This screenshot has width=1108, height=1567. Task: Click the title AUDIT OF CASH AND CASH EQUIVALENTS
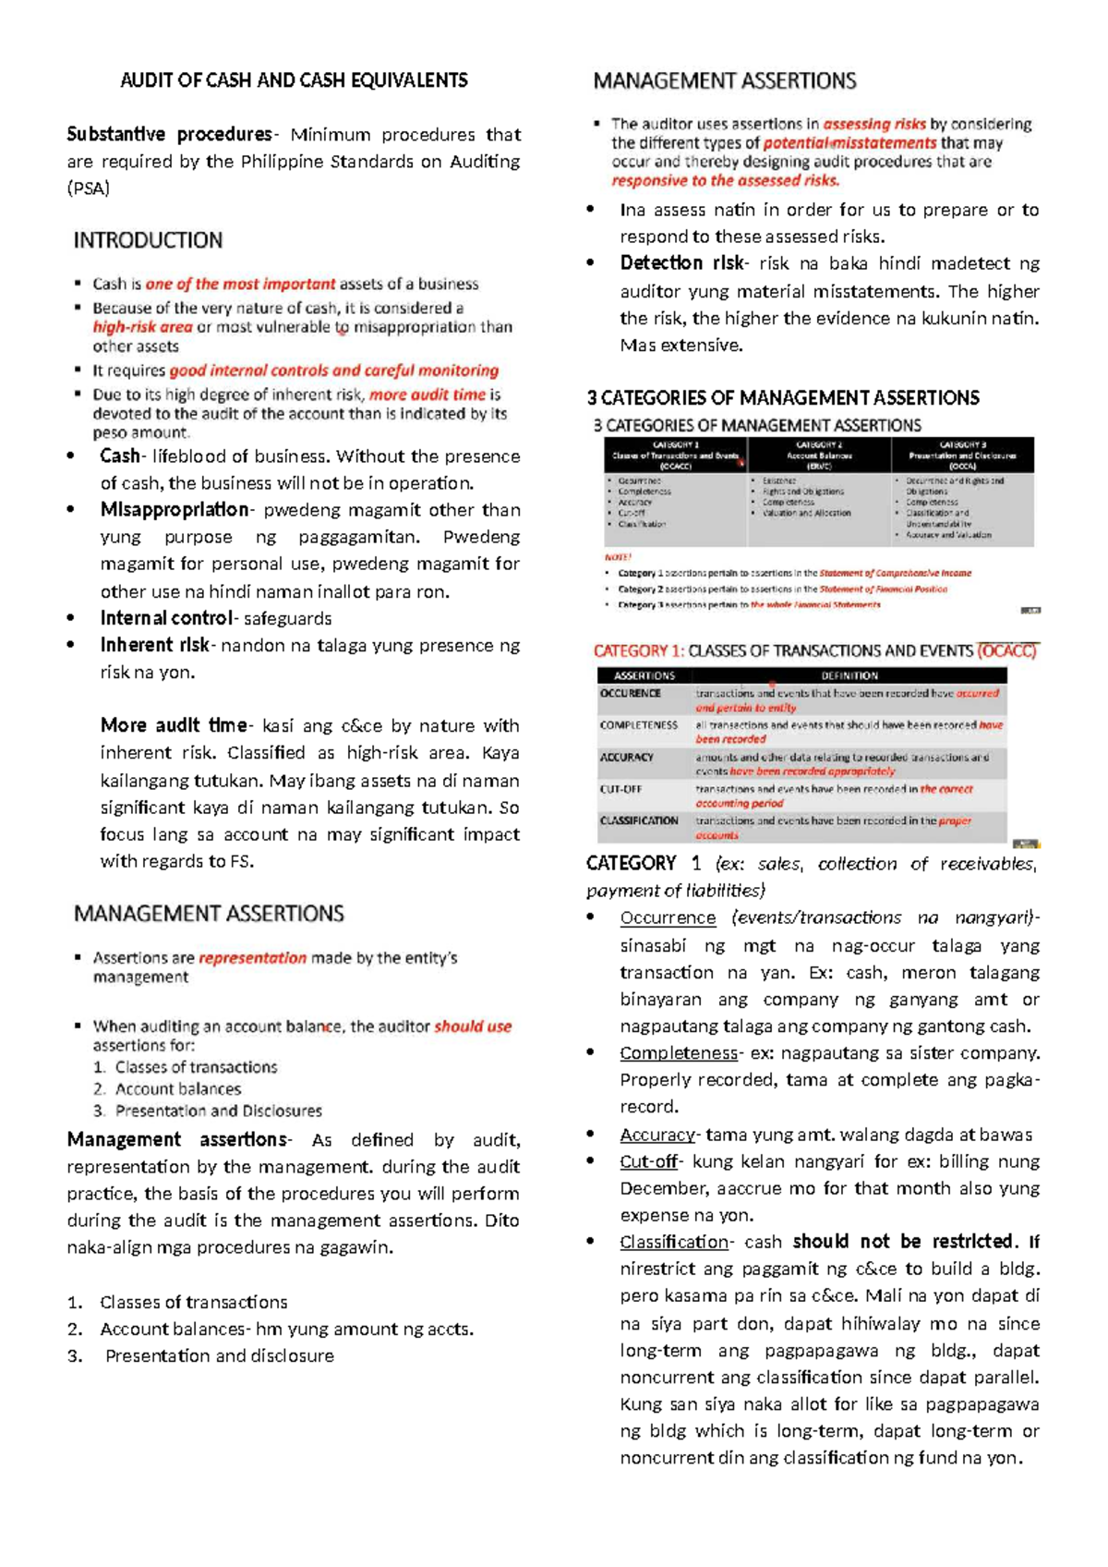pos(294,80)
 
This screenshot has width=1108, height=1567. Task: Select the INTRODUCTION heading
pos(148,240)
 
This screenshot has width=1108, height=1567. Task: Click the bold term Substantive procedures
pos(169,135)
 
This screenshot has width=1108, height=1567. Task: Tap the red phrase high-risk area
pos(142,327)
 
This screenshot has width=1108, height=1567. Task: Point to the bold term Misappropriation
pos(175,510)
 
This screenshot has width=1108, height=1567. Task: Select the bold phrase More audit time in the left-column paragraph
pos(174,725)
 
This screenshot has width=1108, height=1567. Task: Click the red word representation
pos(252,958)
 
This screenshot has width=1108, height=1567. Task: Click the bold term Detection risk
pos(681,263)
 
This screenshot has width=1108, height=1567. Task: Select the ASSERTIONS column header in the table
pos(644,675)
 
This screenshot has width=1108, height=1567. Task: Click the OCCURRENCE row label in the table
pos(631,693)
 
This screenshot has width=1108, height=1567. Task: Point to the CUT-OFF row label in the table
pos(620,789)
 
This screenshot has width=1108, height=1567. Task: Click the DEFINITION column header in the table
pos(849,675)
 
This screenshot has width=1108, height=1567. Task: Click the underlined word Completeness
pos(679,1053)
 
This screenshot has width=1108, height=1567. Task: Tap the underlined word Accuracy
pos(656,1135)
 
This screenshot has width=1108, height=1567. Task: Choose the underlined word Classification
pos(674,1242)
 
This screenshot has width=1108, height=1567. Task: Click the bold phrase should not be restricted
pos(903,1242)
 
